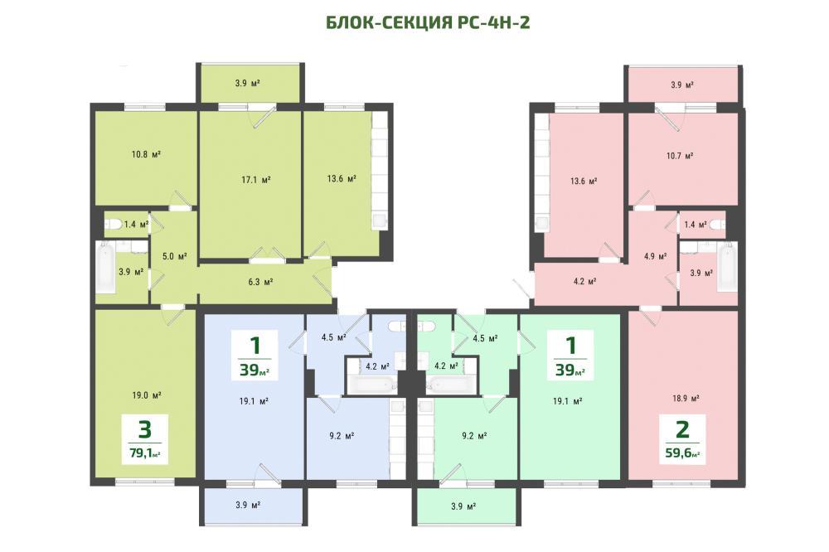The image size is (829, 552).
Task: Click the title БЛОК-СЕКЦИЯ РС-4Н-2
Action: pos(427,22)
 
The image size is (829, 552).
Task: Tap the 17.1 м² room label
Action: pos(256,180)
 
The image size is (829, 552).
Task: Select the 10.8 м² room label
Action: pos(146,154)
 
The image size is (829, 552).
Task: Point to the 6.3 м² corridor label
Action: pos(260,282)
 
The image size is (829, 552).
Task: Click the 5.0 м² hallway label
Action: pos(175,256)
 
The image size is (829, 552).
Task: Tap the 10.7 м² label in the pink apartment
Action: pos(680,156)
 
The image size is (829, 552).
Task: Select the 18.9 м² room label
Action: pos(686,398)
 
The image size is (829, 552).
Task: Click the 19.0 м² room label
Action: pos(147,395)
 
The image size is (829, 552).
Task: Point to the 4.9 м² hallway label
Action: pos(655,256)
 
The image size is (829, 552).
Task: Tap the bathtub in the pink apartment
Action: pos(726,267)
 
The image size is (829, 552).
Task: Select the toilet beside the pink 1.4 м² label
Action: pos(717,225)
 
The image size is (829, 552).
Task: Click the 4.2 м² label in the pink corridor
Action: pos(584,281)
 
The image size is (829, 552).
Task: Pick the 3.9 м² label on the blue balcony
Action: pos(248,505)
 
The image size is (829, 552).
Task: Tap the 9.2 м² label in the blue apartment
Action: pos(341,436)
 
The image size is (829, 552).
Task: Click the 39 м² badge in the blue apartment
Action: pos(255,356)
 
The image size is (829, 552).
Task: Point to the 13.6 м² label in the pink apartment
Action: pos(584,181)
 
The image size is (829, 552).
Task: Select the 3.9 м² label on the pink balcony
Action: pos(682,85)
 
